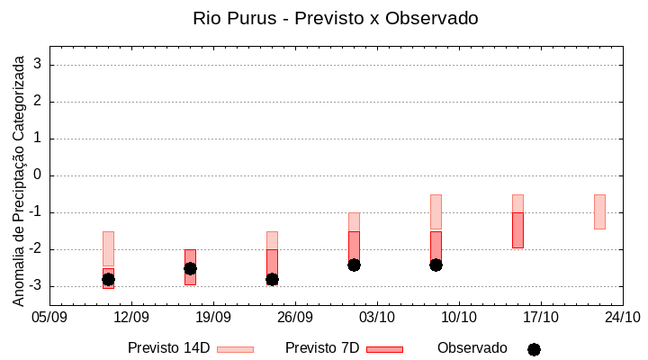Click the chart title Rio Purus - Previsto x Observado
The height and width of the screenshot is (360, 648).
coord(336,18)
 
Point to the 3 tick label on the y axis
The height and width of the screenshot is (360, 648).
coord(39,65)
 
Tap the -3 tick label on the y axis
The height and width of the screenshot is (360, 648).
coord(36,286)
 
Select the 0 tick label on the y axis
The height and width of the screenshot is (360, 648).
coord(39,175)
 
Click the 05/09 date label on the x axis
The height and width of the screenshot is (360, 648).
coord(49,317)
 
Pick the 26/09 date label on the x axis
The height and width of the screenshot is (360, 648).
coord(295,317)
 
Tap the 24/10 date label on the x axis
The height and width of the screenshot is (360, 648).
coord(623,317)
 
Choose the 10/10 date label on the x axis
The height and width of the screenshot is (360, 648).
coord(459,317)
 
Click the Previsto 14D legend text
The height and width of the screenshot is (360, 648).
coord(168,348)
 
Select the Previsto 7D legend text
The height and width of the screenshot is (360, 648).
coord(322,348)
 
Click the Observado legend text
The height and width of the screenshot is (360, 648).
coord(472,348)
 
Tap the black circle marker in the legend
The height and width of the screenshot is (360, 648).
coord(534,349)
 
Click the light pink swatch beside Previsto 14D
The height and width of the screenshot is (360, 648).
coord(235,349)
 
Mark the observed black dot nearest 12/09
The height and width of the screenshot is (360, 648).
coord(108,279)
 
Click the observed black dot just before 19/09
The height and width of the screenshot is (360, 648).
coord(190,268)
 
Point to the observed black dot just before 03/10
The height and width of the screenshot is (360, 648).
coord(354,265)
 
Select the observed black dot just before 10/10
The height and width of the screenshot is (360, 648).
coord(436,265)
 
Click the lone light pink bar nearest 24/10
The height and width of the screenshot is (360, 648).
coord(599,211)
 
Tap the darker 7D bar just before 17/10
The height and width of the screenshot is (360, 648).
coord(517,230)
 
